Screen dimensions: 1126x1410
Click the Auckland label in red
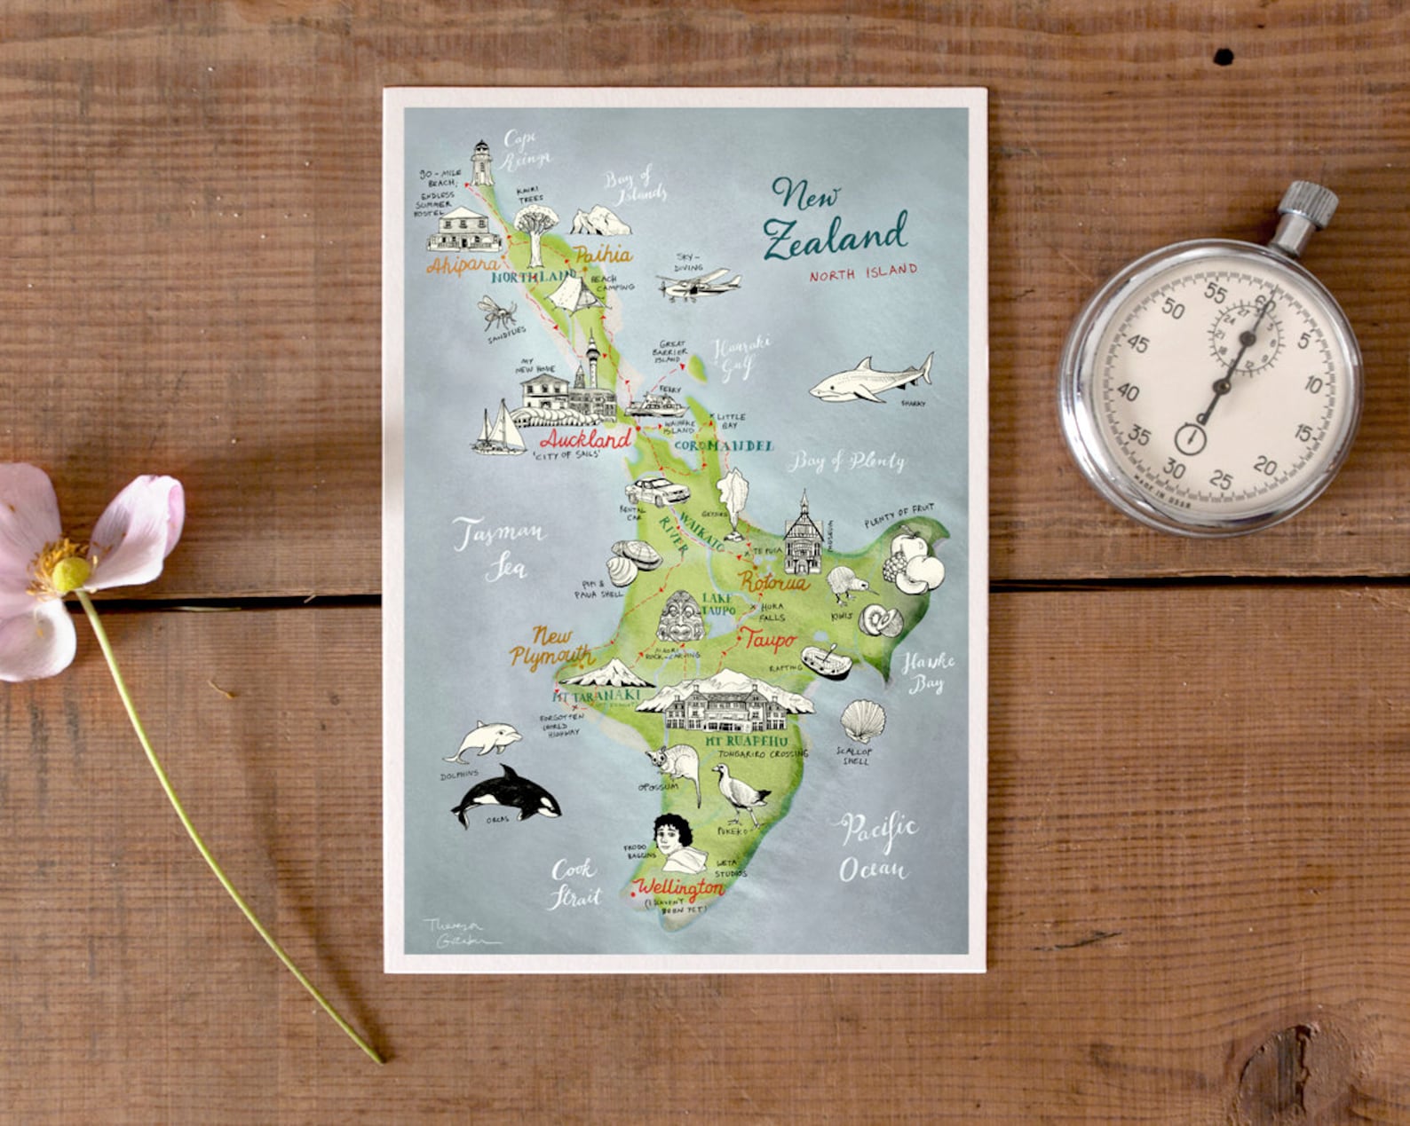tap(585, 439)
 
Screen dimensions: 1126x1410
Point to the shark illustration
tap(870, 379)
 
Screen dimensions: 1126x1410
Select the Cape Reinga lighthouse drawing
tap(481, 163)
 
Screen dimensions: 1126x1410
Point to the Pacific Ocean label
tap(876, 846)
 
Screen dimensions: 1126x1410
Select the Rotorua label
tap(773, 583)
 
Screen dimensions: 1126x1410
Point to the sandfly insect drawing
tap(497, 313)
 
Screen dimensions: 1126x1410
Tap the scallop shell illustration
tap(862, 720)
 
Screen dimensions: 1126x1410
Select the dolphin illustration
tap(483, 740)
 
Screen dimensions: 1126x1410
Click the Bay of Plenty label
tap(847, 461)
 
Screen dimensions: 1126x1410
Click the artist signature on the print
tap(460, 933)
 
